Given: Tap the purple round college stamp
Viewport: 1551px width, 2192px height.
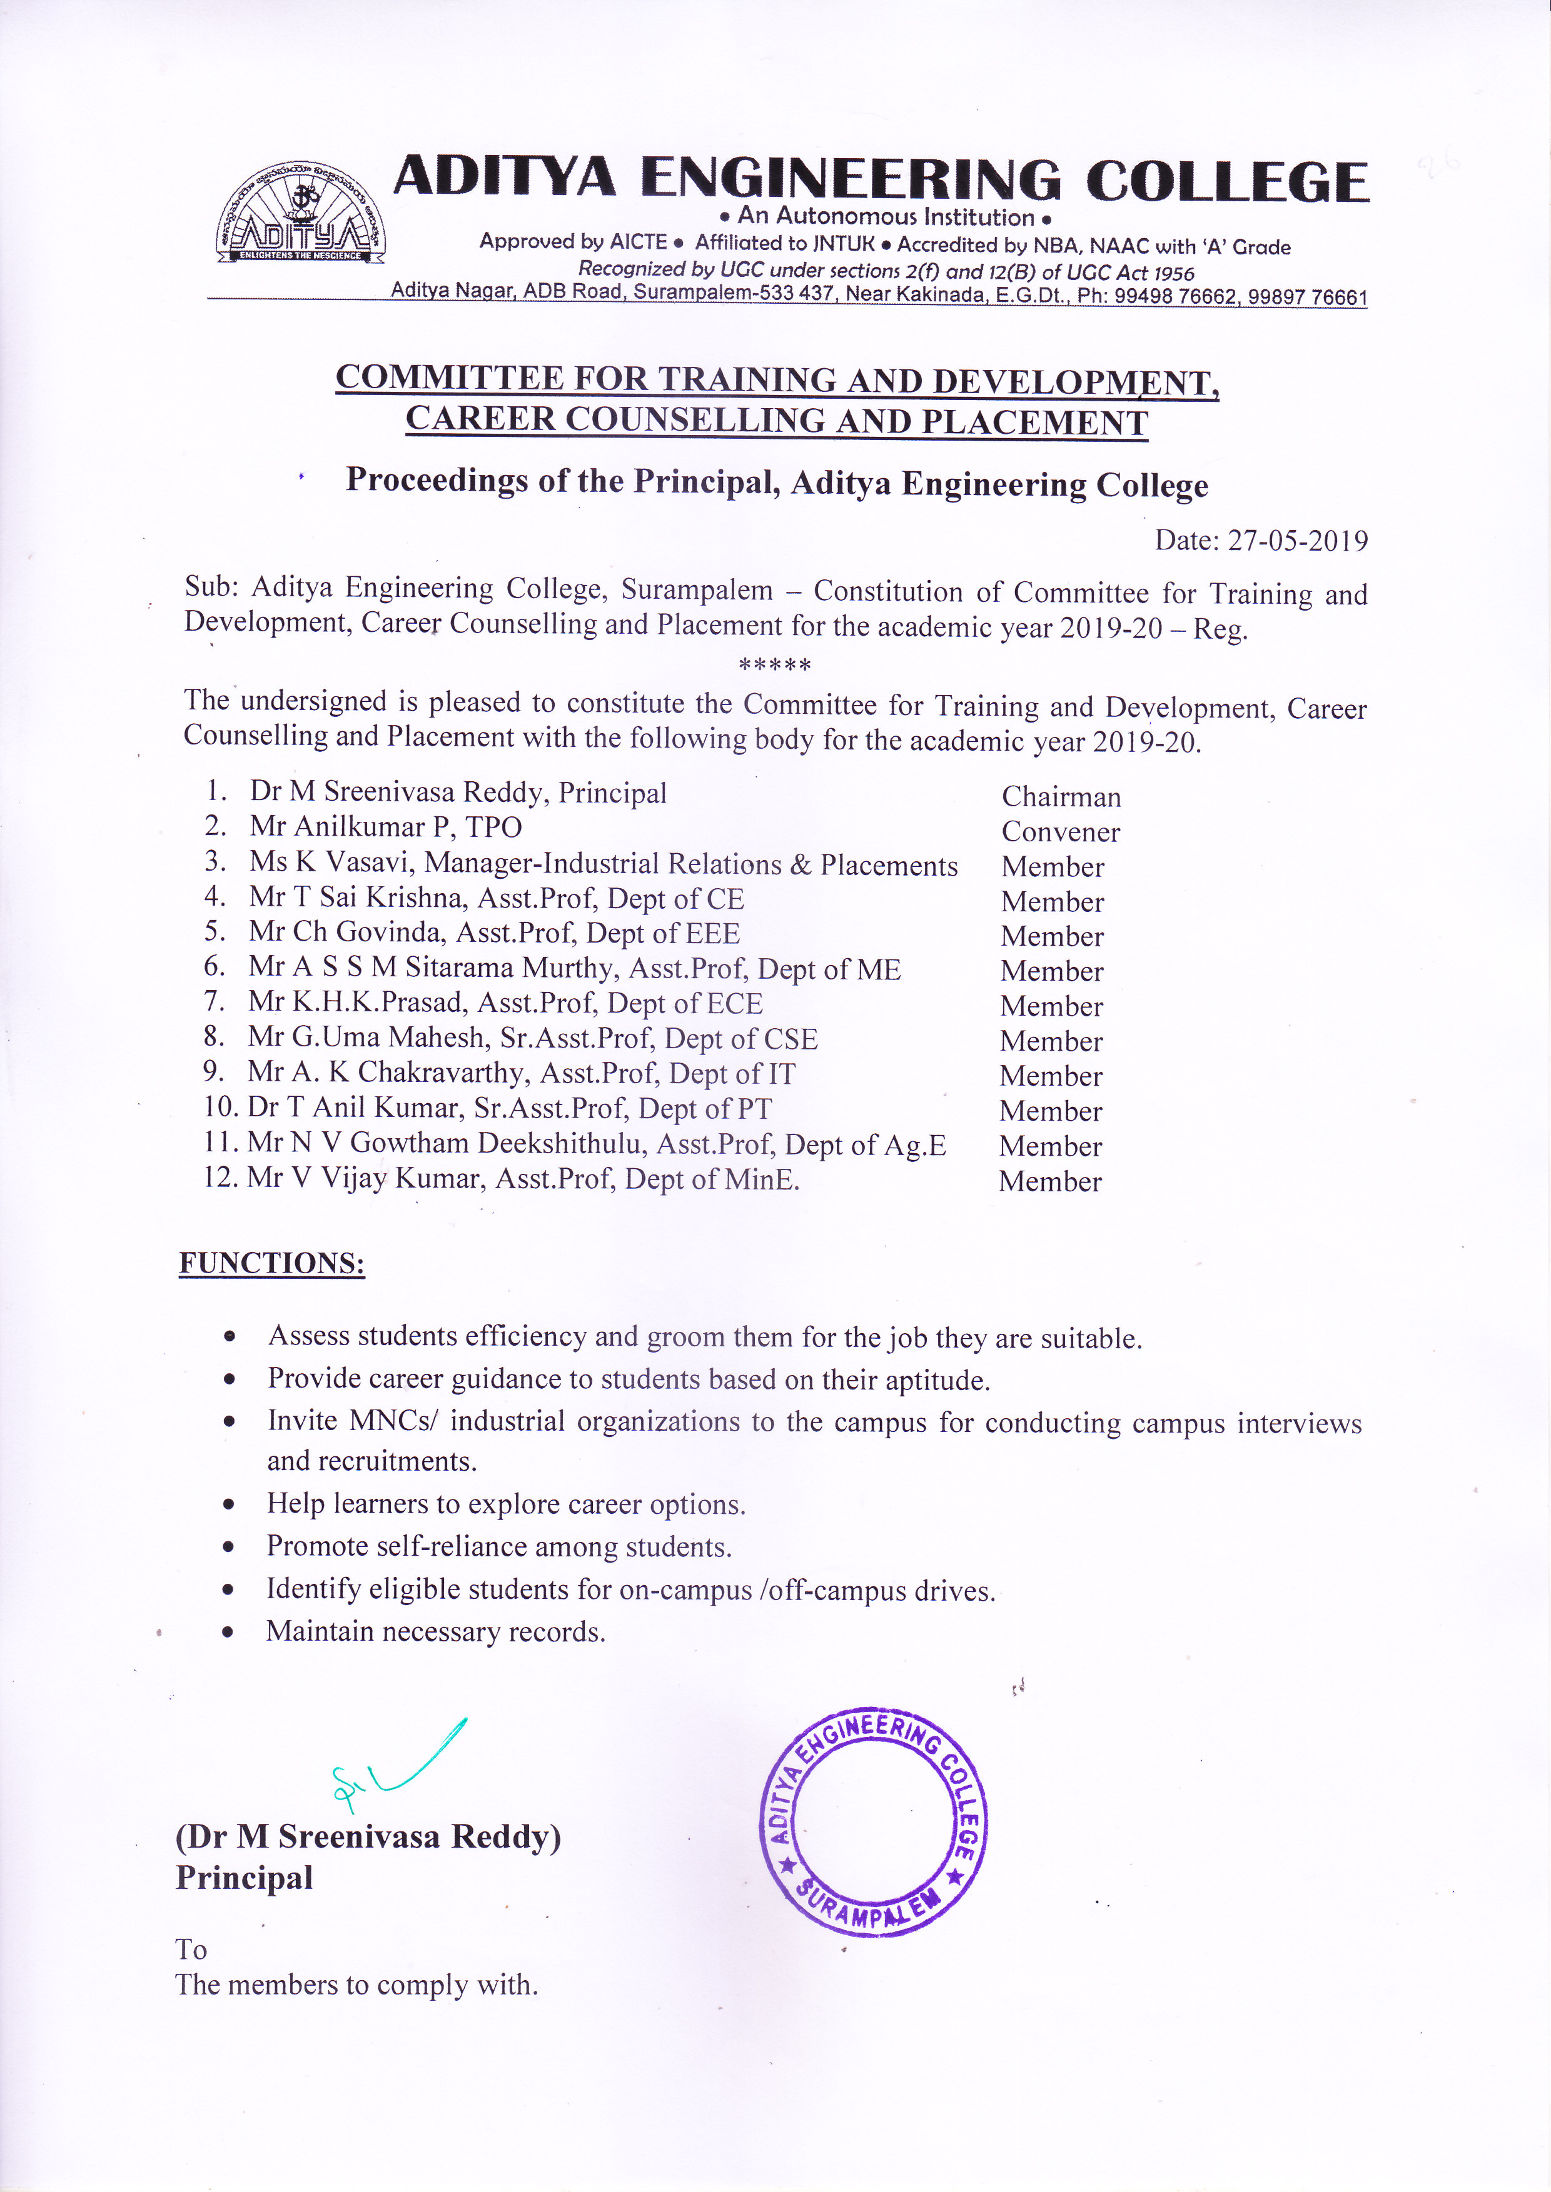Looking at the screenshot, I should point(873,1821).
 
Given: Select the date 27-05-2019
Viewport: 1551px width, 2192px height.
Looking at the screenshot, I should point(1297,541).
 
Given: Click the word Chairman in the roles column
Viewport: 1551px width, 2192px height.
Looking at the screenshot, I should point(1061,797).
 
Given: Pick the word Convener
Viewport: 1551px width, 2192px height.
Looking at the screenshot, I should point(1060,833).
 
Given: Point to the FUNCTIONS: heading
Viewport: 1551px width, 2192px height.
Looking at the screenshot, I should point(272,1263).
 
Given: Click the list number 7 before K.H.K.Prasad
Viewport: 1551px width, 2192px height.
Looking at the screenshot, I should point(214,1001).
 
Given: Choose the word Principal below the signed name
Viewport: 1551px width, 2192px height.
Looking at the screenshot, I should point(245,1878).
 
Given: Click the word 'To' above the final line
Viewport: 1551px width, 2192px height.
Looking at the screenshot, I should point(191,1949).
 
